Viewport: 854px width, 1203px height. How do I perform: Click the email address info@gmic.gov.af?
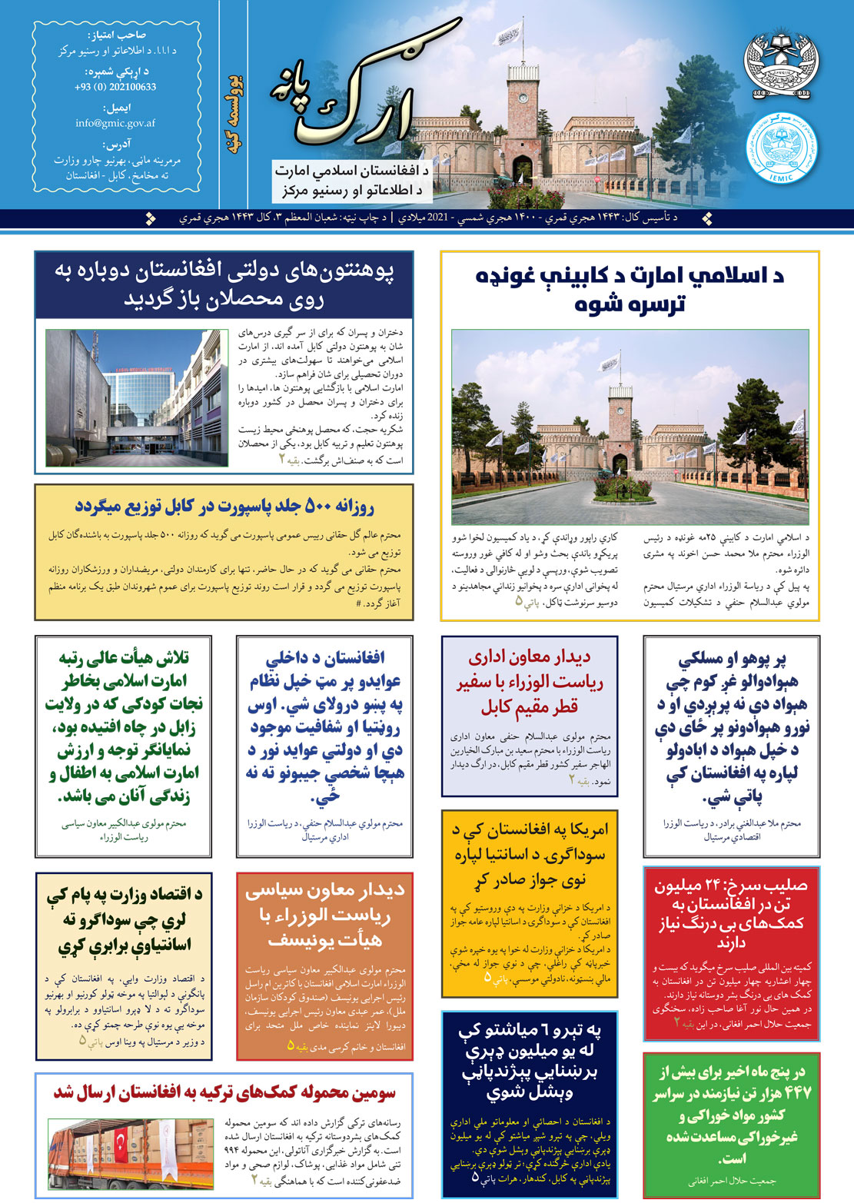tap(115, 123)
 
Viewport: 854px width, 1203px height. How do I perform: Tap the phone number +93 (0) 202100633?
tap(115, 87)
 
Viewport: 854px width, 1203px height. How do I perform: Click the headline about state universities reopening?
tap(224, 285)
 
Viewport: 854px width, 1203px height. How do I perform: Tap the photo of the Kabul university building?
tap(137, 397)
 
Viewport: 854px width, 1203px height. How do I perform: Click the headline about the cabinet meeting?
tap(630, 289)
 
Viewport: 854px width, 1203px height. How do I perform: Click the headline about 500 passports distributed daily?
tap(224, 507)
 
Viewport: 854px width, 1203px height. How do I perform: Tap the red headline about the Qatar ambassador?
tap(530, 682)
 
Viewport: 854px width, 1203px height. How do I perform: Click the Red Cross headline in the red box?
tap(731, 913)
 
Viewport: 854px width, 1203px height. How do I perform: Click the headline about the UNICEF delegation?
tap(324, 915)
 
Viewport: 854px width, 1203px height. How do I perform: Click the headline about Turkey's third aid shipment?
tap(224, 1092)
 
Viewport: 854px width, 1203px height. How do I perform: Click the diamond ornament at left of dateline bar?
tap(150, 218)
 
